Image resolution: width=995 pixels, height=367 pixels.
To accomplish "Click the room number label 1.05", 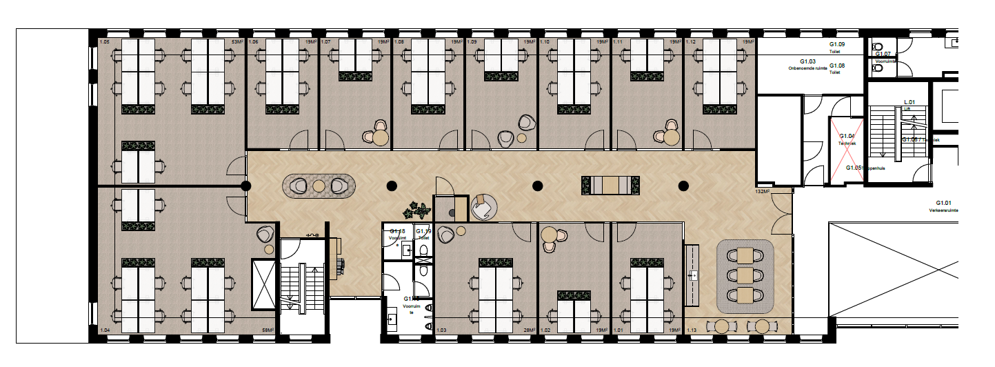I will pyautogui.click(x=105, y=43).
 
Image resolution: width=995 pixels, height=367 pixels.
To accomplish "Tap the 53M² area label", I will pyautogui.click(x=236, y=43).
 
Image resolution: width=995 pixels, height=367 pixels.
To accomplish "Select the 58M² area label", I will pyautogui.click(x=268, y=331).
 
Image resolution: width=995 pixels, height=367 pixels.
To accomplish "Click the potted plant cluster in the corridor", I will pyautogui.click(x=416, y=209).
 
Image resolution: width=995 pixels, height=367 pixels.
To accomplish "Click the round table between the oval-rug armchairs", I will pyautogui.click(x=318, y=186).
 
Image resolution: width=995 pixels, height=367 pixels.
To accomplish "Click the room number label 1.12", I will pyautogui.click(x=690, y=43).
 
